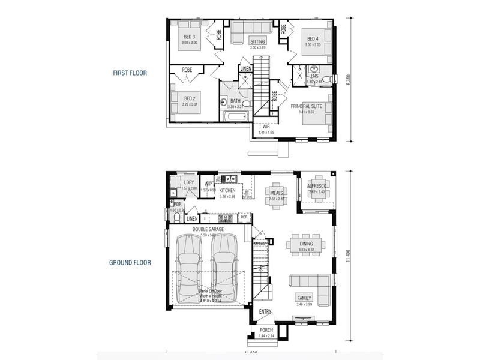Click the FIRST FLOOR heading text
(130, 73)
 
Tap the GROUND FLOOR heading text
(130, 262)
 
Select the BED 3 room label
(190, 37)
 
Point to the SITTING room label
(258, 42)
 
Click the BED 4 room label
(312, 38)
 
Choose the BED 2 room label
(190, 98)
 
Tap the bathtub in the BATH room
(235, 116)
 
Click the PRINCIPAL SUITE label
(307, 106)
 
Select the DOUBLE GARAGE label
(208, 229)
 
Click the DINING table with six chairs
(305, 244)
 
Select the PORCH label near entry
(266, 331)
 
